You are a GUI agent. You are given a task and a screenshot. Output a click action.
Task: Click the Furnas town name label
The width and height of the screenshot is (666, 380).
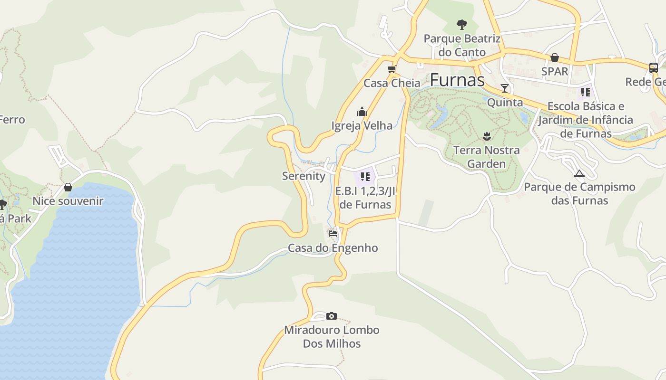(x=457, y=80)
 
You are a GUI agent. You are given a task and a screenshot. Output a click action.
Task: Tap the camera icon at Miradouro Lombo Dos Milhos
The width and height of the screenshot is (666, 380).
(x=332, y=316)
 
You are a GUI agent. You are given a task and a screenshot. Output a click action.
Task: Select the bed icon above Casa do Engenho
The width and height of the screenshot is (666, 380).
(x=333, y=234)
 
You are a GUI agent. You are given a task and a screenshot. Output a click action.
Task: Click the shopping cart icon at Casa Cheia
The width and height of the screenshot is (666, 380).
(x=392, y=69)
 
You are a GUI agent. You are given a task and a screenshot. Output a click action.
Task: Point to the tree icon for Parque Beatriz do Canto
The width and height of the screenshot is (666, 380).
(x=461, y=24)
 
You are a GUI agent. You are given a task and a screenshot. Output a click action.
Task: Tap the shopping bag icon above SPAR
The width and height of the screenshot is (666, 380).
(x=555, y=57)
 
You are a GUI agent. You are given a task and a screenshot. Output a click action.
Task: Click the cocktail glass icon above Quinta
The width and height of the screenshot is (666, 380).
(x=505, y=88)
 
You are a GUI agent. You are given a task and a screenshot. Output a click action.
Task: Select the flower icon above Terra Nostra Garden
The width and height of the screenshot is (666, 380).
(x=486, y=137)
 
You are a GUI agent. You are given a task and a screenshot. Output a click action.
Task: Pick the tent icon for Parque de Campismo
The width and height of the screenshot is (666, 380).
(x=579, y=173)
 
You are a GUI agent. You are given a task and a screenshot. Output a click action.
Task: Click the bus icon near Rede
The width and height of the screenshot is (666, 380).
(x=654, y=68)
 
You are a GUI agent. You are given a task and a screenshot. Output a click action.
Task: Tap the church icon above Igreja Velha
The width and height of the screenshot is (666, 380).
(x=362, y=112)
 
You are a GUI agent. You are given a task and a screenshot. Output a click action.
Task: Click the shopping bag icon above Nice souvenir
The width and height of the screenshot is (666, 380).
(x=68, y=187)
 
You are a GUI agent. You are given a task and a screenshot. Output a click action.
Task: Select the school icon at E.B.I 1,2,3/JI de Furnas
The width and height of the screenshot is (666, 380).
(x=365, y=177)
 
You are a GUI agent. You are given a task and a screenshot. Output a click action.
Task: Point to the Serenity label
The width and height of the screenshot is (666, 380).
(x=304, y=176)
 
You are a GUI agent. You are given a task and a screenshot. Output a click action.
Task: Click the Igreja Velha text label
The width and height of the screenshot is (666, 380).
(x=362, y=126)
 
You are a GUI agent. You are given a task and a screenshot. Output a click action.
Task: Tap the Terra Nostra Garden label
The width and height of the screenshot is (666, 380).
(x=486, y=157)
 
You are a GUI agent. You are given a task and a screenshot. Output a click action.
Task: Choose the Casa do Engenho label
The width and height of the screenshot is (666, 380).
(x=333, y=248)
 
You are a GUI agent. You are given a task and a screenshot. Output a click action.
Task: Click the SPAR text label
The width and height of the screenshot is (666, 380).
(x=555, y=71)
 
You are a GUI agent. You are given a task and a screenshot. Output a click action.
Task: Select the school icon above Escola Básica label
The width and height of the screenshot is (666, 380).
(x=585, y=92)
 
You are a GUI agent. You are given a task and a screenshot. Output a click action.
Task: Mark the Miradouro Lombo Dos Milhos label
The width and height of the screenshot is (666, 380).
(x=332, y=337)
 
